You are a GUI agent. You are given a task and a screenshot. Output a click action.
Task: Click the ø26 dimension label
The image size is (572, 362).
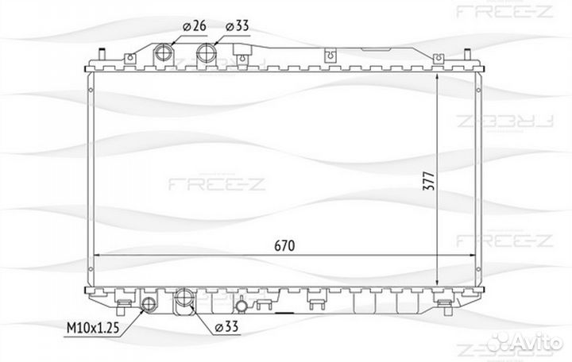[195, 26]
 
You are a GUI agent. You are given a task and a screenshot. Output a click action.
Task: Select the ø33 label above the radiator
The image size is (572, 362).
[237, 26]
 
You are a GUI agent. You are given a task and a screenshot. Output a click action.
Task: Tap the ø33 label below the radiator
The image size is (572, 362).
[226, 326]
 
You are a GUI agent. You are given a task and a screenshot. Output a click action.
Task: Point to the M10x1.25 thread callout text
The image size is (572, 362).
[93, 328]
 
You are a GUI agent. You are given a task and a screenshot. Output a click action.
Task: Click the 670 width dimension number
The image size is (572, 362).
[284, 246]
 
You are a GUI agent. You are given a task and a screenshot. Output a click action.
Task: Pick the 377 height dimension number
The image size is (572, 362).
[429, 180]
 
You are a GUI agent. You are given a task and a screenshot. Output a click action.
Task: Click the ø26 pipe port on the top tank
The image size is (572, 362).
[163, 52]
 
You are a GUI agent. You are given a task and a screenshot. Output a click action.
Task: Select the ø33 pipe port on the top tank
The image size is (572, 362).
[207, 52]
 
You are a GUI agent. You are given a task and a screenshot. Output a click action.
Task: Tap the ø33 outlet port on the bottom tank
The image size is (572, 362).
[184, 298]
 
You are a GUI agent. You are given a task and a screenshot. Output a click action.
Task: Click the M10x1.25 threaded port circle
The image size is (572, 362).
[149, 303]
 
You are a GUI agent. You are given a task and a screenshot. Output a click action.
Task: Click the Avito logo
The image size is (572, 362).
[525, 342]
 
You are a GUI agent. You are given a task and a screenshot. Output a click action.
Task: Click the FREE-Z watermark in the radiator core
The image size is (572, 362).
[217, 183]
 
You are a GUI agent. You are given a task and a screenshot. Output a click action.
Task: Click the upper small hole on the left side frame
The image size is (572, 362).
[91, 90]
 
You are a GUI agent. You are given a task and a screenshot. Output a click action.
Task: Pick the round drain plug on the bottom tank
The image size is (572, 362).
[242, 307]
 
